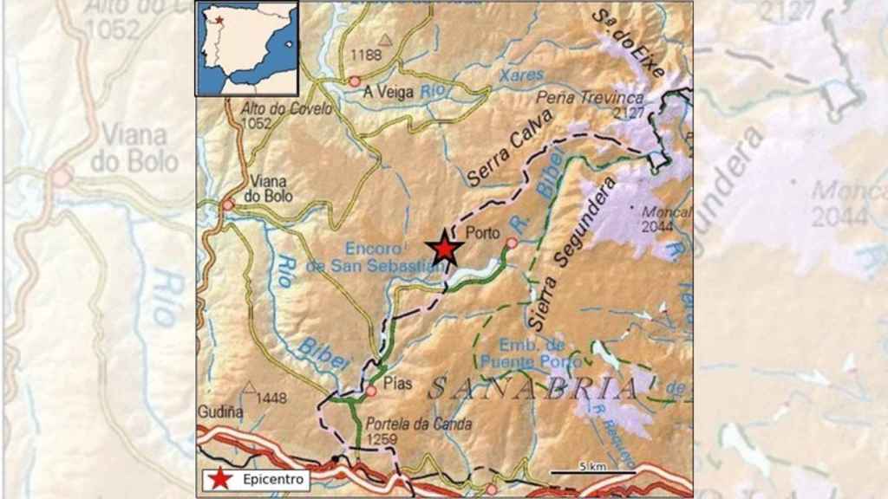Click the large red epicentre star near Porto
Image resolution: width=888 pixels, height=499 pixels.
point(445,249)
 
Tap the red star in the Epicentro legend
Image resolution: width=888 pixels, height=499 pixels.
point(222,478)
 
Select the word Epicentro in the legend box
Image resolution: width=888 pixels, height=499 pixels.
point(270,478)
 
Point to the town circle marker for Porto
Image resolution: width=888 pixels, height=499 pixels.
point(512,243)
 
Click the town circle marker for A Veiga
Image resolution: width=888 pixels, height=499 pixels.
point(355,81)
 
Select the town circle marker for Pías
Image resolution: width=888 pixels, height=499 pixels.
point(371,391)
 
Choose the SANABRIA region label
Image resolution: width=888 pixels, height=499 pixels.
point(532,389)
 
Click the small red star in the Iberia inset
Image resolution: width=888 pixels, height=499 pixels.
point(220,19)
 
